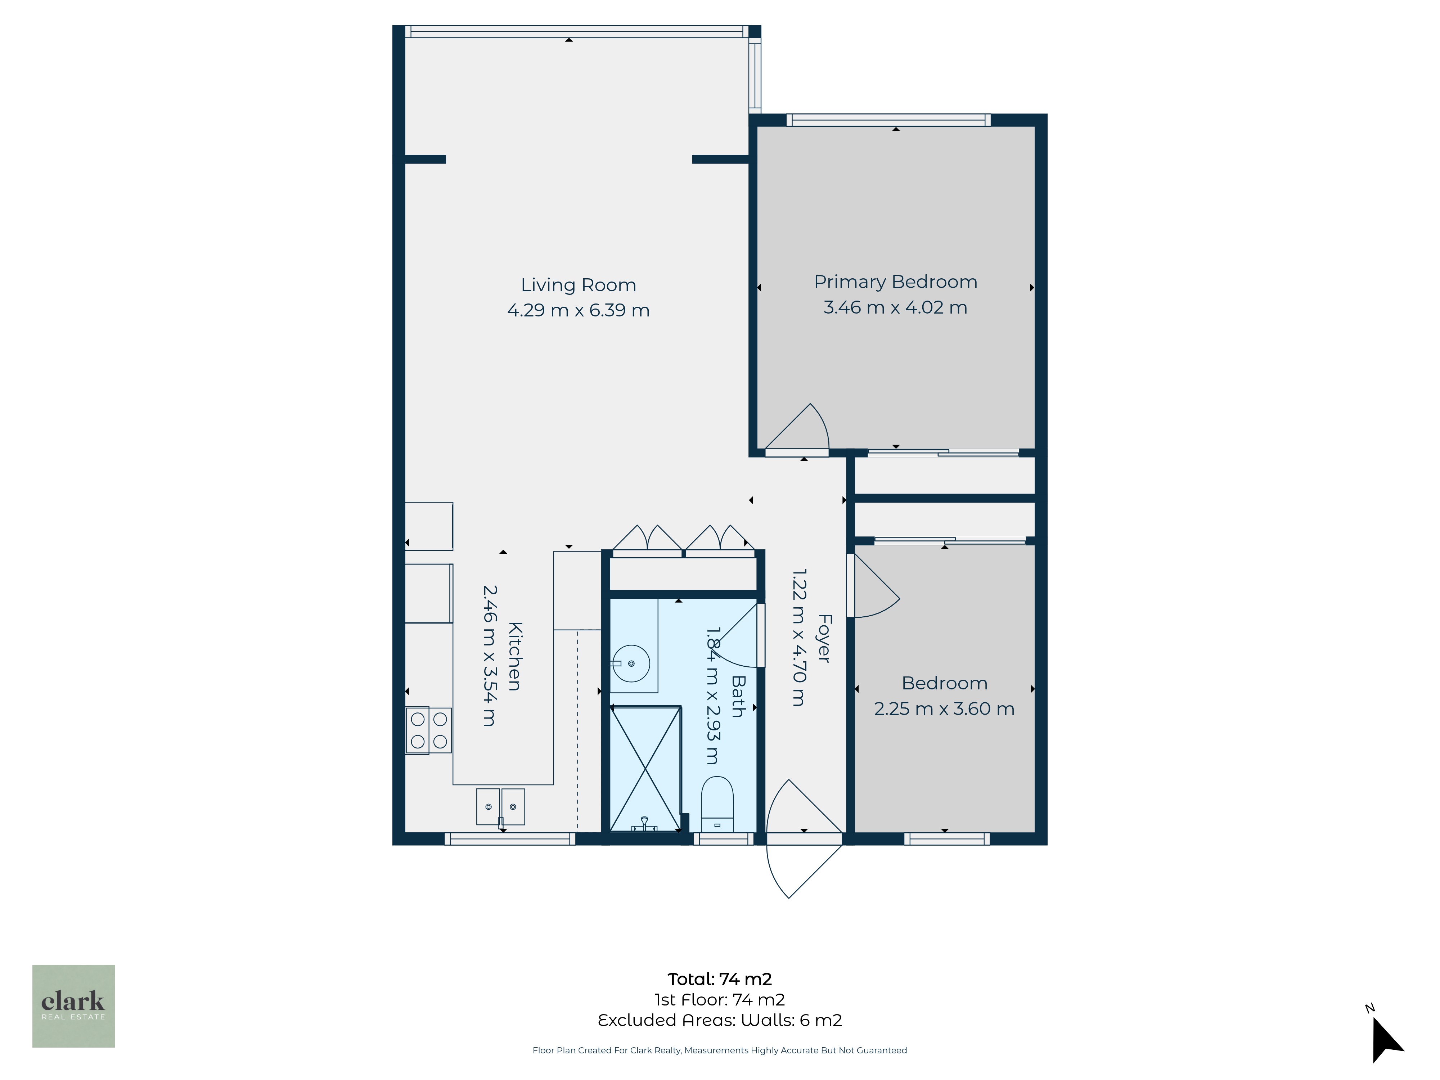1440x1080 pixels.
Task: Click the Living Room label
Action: pos(578,285)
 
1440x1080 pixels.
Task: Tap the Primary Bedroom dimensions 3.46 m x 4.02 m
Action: pos(895,307)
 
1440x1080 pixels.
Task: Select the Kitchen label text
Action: pos(515,656)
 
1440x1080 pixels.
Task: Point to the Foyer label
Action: pos(824,638)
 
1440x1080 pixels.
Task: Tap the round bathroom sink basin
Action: pos(631,663)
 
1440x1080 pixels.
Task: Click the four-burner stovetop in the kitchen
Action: pos(428,730)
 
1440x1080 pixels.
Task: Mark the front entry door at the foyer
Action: pos(805,839)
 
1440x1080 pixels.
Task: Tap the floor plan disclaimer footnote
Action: pos(719,1050)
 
